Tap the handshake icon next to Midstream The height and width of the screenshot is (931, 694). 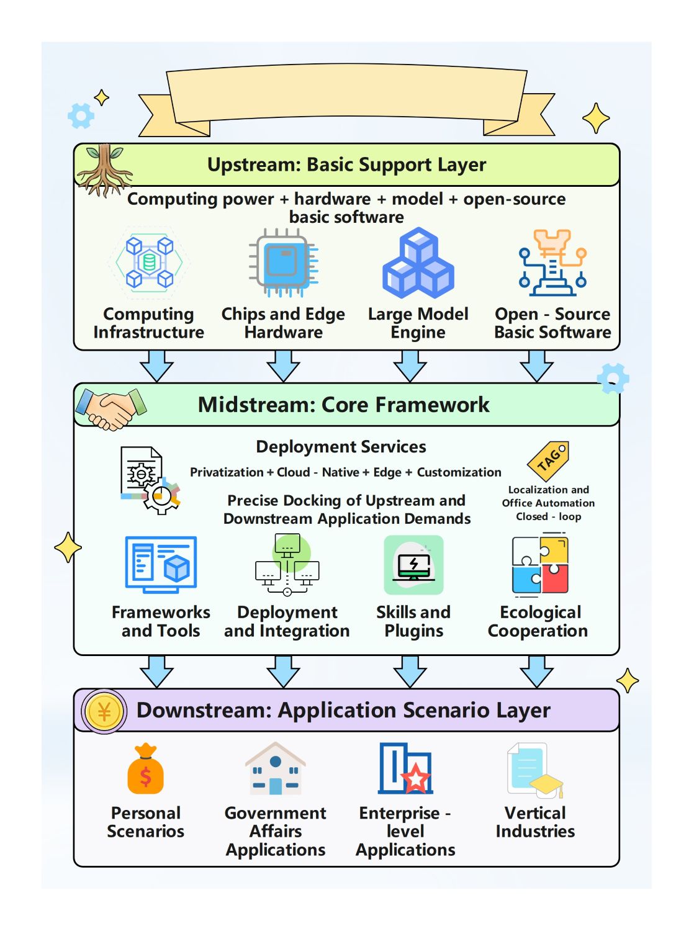pyautogui.click(x=110, y=408)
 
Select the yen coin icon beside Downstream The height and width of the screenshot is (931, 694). pyautogui.click(x=104, y=711)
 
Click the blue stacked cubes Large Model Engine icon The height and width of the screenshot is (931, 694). pyautogui.click(x=418, y=263)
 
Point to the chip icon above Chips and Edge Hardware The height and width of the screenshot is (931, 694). pyautogui.click(x=283, y=262)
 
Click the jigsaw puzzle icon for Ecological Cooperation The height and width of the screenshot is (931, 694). pyautogui.click(x=540, y=565)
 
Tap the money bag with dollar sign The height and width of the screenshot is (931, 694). pyautogui.click(x=145, y=770)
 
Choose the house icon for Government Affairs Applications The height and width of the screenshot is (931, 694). pyautogui.click(x=275, y=770)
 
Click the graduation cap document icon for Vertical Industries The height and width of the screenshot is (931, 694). pyautogui.click(x=534, y=771)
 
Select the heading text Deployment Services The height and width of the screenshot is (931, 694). pyautogui.click(x=341, y=447)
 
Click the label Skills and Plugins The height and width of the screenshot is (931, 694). pyautogui.click(x=413, y=621)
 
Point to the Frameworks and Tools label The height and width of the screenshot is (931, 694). pyautogui.click(x=161, y=621)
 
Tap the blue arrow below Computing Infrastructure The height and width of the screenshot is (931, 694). pyautogui.click(x=157, y=366)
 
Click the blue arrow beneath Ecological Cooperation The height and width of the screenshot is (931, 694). pyautogui.click(x=537, y=671)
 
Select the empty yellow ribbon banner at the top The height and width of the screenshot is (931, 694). pyautogui.click(x=346, y=96)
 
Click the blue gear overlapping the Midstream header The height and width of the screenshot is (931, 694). pyautogui.click(x=613, y=378)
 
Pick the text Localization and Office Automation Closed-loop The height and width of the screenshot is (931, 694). pyautogui.click(x=548, y=503)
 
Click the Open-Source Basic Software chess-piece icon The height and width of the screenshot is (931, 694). pyautogui.click(x=552, y=263)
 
